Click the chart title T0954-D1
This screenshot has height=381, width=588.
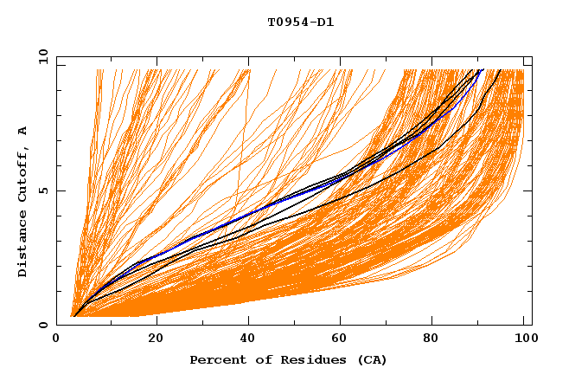[300, 23]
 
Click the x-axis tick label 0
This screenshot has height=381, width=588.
[56, 339]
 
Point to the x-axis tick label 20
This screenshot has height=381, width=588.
[156, 339]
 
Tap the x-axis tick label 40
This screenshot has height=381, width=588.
[251, 339]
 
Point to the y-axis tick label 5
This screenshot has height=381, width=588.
[46, 191]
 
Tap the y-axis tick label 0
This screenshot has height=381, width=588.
[46, 326]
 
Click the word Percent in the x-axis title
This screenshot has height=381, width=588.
[214, 359]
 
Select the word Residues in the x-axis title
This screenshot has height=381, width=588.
[304, 359]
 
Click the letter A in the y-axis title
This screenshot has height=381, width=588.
[22, 131]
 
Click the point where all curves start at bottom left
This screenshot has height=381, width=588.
[73, 316]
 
